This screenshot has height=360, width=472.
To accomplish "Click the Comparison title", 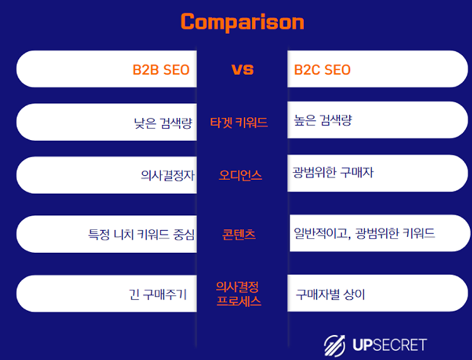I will [x=242, y=22].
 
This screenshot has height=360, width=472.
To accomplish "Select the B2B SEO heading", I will [x=160, y=70].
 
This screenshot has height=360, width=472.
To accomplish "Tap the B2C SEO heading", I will [x=322, y=70].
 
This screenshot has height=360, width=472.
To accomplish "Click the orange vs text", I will [x=242, y=69].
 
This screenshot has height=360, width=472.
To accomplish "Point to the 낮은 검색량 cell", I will [x=163, y=122].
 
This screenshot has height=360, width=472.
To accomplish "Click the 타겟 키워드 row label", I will [x=239, y=123].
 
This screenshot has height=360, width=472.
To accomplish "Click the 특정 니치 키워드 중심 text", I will [x=141, y=234].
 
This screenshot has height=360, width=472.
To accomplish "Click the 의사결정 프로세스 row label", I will [x=239, y=293].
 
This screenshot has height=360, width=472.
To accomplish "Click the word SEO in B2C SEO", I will [x=337, y=70].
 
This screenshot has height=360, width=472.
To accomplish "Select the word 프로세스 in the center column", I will [x=239, y=300].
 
